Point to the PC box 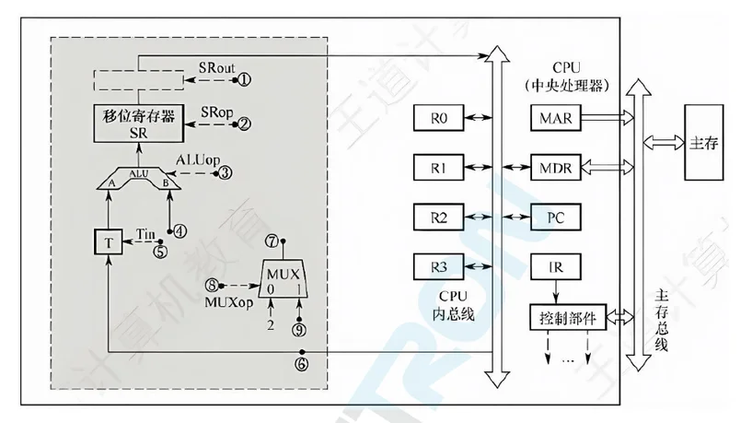[556, 218]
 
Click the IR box [556, 268]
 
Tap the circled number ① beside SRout [244, 80]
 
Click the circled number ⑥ [300, 363]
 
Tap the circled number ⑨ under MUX [297, 327]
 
